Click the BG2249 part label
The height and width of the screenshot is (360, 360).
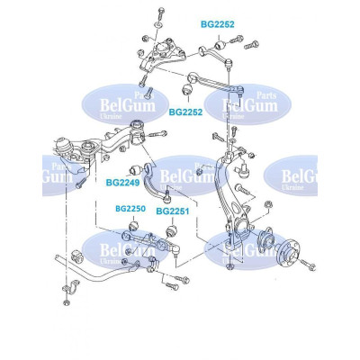pyautogui.click(x=122, y=183)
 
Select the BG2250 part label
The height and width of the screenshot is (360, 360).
pyautogui.click(x=130, y=209)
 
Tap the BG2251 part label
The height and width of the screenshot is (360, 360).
pyautogui.click(x=173, y=211)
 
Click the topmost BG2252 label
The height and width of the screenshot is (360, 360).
pyautogui.click(x=218, y=24)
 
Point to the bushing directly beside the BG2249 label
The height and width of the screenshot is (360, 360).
pyautogui.click(x=135, y=170)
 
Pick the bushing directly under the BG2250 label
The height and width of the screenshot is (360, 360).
pyautogui.click(x=133, y=226)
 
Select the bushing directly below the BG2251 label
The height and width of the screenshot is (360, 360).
pyautogui.click(x=172, y=230)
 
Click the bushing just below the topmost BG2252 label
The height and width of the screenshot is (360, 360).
pyautogui.click(x=220, y=45)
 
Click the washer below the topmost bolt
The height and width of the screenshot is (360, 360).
pyautogui.click(x=158, y=24)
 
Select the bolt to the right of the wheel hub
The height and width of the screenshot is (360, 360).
pyautogui.click(x=309, y=265)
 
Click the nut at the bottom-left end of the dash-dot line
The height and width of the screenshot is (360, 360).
pyautogui.click(x=67, y=302)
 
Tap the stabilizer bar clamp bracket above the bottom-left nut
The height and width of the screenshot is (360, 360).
pyautogui.click(x=71, y=286)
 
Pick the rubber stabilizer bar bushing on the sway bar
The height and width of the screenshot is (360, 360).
pyautogui.click(x=76, y=256)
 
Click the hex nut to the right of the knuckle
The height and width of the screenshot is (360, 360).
pyautogui.click(x=268, y=205)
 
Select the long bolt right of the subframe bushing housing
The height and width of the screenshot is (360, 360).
pyautogui.click(x=157, y=134)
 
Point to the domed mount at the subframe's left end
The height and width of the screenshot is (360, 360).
pyautogui.click(x=62, y=145)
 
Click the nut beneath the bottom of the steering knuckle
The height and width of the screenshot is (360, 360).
pyautogui.click(x=229, y=266)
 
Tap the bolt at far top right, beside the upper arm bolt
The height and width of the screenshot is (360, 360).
pyautogui.click(x=251, y=45)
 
